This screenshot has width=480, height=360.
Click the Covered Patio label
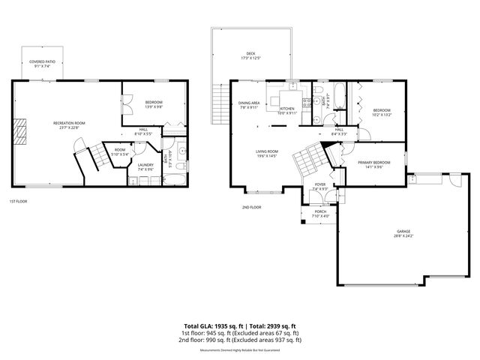click(x=42, y=64)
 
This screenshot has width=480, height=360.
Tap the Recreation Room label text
click(x=69, y=124)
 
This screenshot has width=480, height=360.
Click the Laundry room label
click(x=145, y=168)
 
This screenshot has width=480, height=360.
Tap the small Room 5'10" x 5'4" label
click(x=119, y=151)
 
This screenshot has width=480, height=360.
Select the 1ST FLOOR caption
click(x=19, y=201)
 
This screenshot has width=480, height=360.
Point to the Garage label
click(x=403, y=232)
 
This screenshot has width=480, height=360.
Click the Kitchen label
click(x=287, y=111)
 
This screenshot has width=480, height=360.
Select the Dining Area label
click(x=249, y=105)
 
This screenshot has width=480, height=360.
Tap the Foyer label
click(x=319, y=186)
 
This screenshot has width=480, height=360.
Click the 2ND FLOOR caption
click(x=251, y=207)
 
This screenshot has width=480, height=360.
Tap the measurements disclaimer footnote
click(x=240, y=350)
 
